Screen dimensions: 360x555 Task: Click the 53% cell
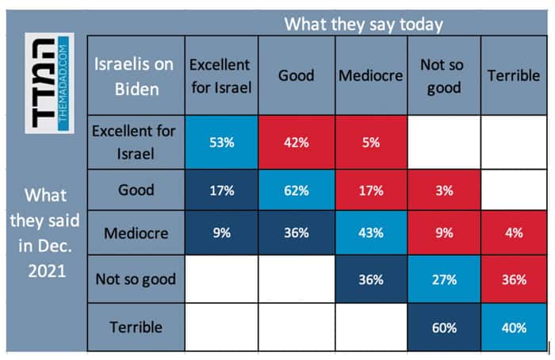(221, 144)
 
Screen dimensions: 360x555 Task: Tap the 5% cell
(371, 144)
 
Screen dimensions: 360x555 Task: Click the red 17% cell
(371, 190)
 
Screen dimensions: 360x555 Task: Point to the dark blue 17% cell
(221, 190)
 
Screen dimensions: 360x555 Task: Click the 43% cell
(371, 234)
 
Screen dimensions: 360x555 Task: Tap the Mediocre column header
(371, 76)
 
